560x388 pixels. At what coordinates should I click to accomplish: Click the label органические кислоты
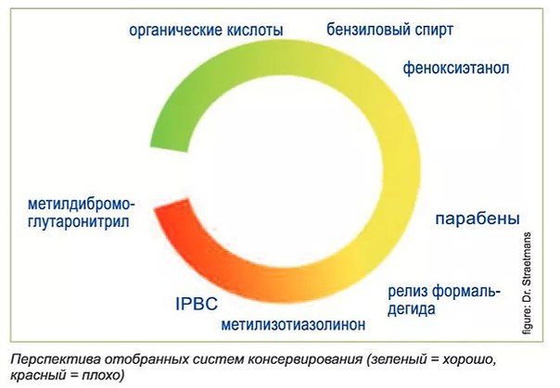coord(206,31)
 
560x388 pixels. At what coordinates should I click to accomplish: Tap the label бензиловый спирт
coord(390,30)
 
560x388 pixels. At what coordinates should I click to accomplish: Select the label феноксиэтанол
coord(456,68)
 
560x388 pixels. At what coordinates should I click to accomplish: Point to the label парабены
coord(477,219)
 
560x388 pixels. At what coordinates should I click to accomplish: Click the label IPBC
coord(197,304)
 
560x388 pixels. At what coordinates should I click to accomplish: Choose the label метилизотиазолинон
coord(293,324)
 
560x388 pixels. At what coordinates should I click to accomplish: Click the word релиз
coord(408,293)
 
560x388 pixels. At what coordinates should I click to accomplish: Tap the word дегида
coord(412,309)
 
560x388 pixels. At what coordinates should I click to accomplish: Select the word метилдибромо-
coord(82,205)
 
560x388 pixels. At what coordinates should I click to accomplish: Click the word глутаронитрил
coord(78,222)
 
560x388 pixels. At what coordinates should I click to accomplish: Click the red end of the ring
coord(172,206)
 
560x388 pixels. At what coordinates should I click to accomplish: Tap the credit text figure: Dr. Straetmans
coord(527,283)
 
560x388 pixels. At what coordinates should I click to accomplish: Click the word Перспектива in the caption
coord(54,359)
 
